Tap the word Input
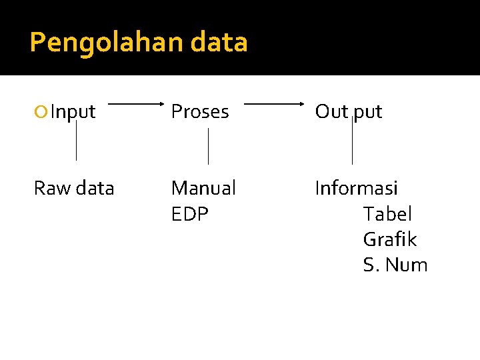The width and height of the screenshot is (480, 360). click(73, 112)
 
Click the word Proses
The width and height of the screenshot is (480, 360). click(200, 112)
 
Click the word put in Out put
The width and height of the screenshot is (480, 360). click(367, 112)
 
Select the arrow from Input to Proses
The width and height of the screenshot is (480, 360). click(137, 104)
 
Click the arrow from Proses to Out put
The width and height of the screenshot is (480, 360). click(274, 104)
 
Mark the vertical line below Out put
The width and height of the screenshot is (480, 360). click(352, 143)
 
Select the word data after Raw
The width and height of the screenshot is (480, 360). click(95, 189)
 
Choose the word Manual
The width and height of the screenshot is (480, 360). click(203, 189)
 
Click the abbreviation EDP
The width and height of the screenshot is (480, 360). click(189, 214)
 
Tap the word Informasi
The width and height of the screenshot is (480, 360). click(356, 189)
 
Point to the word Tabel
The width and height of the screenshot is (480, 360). click(387, 214)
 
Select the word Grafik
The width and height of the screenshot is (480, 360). click(389, 239)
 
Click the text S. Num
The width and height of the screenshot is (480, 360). click(395, 265)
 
